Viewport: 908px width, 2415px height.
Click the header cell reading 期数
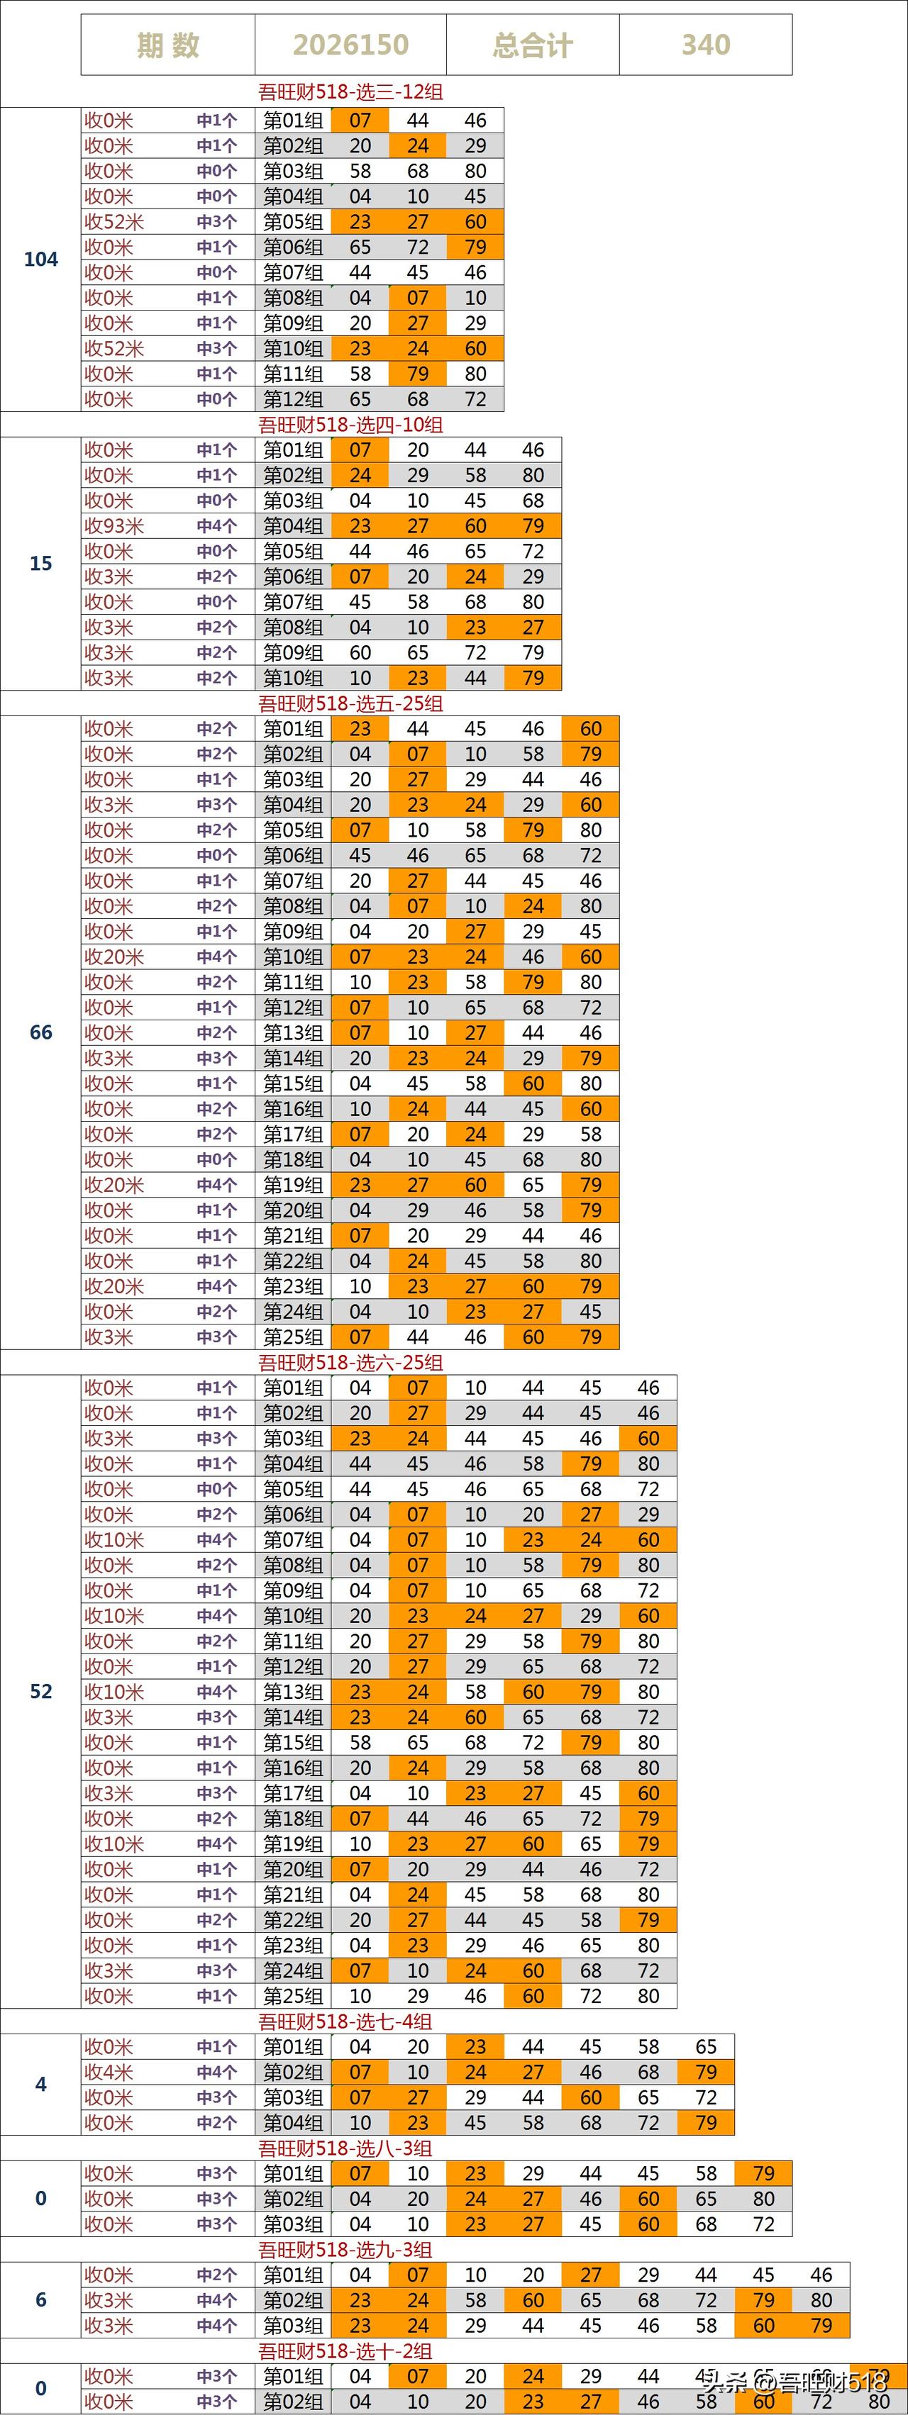click(x=168, y=45)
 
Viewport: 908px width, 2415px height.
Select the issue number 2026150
click(x=351, y=45)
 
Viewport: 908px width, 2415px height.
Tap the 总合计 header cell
click(x=533, y=45)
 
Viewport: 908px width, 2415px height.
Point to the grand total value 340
click(x=705, y=45)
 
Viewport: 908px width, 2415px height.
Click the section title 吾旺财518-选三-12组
click(x=351, y=92)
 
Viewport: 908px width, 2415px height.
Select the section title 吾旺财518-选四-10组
click(x=351, y=425)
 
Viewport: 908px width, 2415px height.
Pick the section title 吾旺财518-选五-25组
click(x=351, y=704)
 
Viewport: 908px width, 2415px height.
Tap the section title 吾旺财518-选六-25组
click(x=351, y=1363)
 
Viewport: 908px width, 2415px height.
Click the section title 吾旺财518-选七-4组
click(x=345, y=2022)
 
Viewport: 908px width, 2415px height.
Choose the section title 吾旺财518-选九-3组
click(x=345, y=2250)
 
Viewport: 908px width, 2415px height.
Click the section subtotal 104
click(x=40, y=260)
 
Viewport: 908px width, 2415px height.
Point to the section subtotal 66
click(x=40, y=1033)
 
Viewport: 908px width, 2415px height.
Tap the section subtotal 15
click(x=40, y=564)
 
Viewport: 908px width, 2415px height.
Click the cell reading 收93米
click(x=114, y=527)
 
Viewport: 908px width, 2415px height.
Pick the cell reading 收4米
click(x=109, y=2073)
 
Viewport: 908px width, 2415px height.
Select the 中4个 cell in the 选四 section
click(x=216, y=527)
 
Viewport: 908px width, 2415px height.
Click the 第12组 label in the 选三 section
click(x=293, y=399)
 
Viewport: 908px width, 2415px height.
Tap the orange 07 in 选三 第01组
click(x=360, y=120)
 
